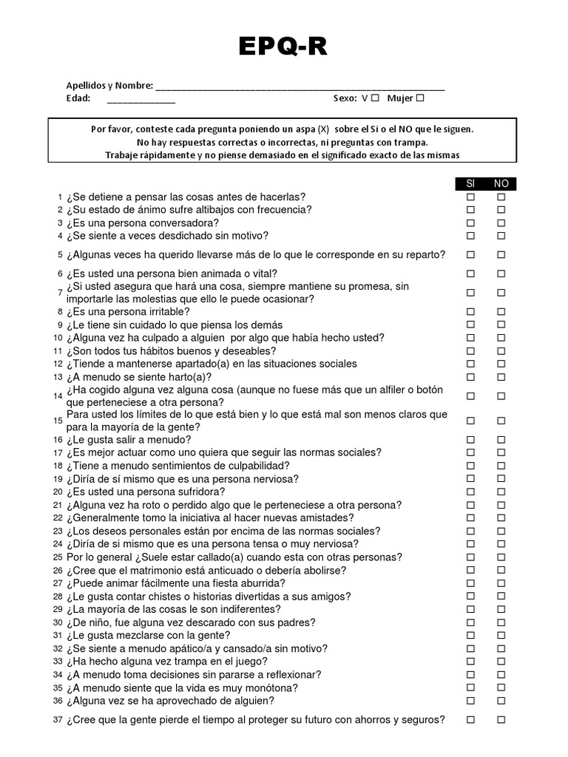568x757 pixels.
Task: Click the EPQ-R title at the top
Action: pyautogui.click(x=283, y=47)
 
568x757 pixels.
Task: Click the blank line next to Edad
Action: pyautogui.click(x=141, y=100)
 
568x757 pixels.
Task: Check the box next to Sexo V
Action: pyautogui.click(x=375, y=98)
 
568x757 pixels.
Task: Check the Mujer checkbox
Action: pyautogui.click(x=420, y=98)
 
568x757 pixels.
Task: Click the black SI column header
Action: pyautogui.click(x=470, y=184)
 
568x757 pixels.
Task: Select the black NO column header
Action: pyautogui.click(x=501, y=184)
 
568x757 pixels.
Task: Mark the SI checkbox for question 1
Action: pyautogui.click(x=470, y=197)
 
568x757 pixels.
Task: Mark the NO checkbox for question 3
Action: pyautogui.click(x=501, y=223)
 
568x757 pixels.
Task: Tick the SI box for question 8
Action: pyautogui.click(x=470, y=312)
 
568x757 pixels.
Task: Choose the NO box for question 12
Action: pyautogui.click(x=501, y=364)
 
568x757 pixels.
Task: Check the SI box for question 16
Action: pyautogui.click(x=470, y=440)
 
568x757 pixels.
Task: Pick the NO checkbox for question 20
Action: pyautogui.click(x=501, y=492)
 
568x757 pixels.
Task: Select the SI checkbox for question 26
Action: pyautogui.click(x=470, y=571)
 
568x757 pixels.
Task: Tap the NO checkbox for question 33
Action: pyautogui.click(x=501, y=662)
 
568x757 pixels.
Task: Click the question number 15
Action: pyautogui.click(x=58, y=421)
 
